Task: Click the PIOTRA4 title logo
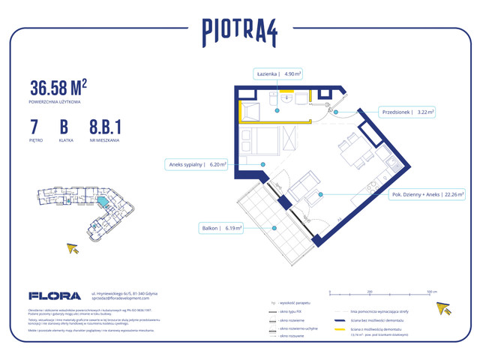(x=240, y=31)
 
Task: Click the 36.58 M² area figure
(x=58, y=86)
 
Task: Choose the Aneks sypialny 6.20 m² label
(x=196, y=164)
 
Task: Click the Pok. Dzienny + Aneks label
(x=425, y=194)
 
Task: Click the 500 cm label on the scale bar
(x=431, y=290)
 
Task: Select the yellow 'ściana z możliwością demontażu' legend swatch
(x=339, y=329)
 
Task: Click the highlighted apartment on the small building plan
(x=103, y=202)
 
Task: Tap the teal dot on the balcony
(x=275, y=227)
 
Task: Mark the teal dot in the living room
(x=320, y=194)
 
